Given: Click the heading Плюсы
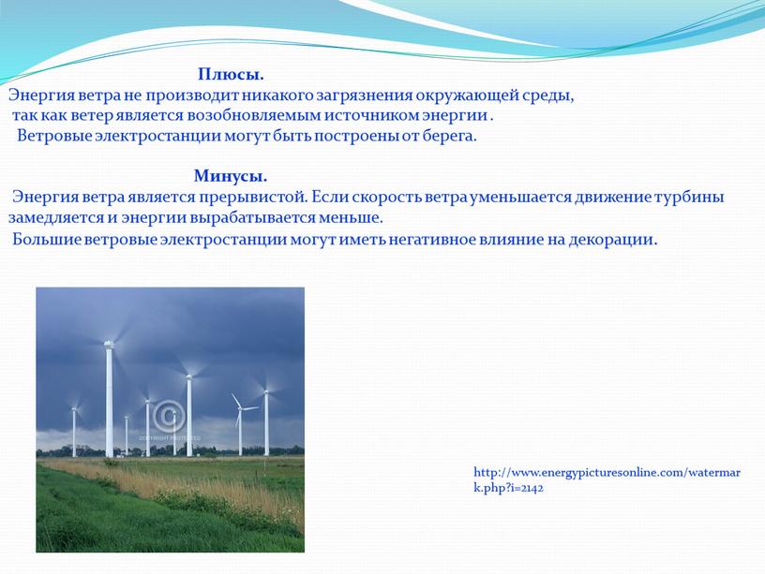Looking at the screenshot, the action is (x=231, y=75).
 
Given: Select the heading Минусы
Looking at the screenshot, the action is (x=231, y=176).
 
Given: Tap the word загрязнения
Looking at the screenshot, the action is (x=364, y=96).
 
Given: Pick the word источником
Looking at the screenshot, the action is (x=371, y=115).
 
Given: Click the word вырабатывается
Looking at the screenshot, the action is (x=253, y=218).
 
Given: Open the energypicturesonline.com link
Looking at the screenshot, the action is (x=607, y=480).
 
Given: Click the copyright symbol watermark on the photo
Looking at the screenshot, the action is (x=169, y=416).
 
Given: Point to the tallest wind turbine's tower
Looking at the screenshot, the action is (x=110, y=399).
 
